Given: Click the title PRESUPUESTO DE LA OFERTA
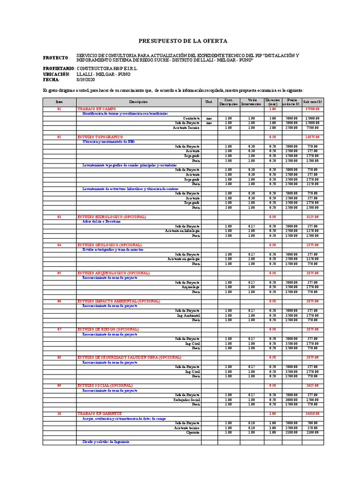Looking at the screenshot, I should click(183, 41).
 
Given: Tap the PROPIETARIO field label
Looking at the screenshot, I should click(59, 68).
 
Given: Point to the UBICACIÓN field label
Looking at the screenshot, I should click(56, 74).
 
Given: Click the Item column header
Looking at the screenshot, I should click(59, 102).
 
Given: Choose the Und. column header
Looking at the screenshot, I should click(209, 102).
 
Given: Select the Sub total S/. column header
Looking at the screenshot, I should click(313, 102).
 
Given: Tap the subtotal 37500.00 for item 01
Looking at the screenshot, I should click(312, 109).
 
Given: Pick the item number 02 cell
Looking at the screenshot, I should click(59, 137).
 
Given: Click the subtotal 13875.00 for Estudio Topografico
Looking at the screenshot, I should click(312, 137).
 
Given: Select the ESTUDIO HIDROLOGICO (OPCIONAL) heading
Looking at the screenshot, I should click(112, 217).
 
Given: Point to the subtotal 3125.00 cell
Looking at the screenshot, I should click(313, 217).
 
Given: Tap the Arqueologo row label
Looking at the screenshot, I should click(191, 287).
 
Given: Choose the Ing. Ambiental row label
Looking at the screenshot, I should click(188, 315).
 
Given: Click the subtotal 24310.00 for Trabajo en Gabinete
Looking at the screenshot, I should click(312, 414).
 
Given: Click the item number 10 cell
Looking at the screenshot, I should click(59, 414).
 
